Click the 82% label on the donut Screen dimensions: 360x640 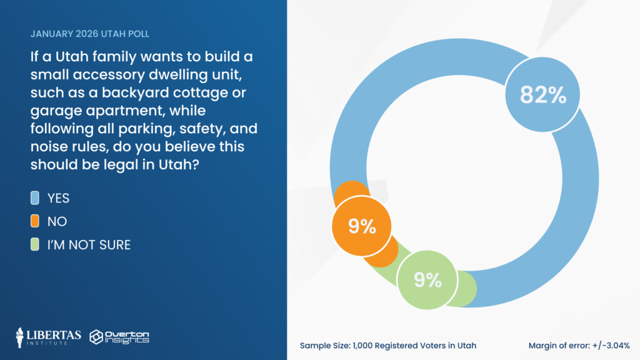[x=542, y=96]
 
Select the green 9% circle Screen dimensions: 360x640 [x=428, y=280]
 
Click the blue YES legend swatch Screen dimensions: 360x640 [x=36, y=198]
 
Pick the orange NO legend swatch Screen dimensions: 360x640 [x=36, y=221]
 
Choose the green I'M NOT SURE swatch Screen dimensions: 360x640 [x=36, y=244]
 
